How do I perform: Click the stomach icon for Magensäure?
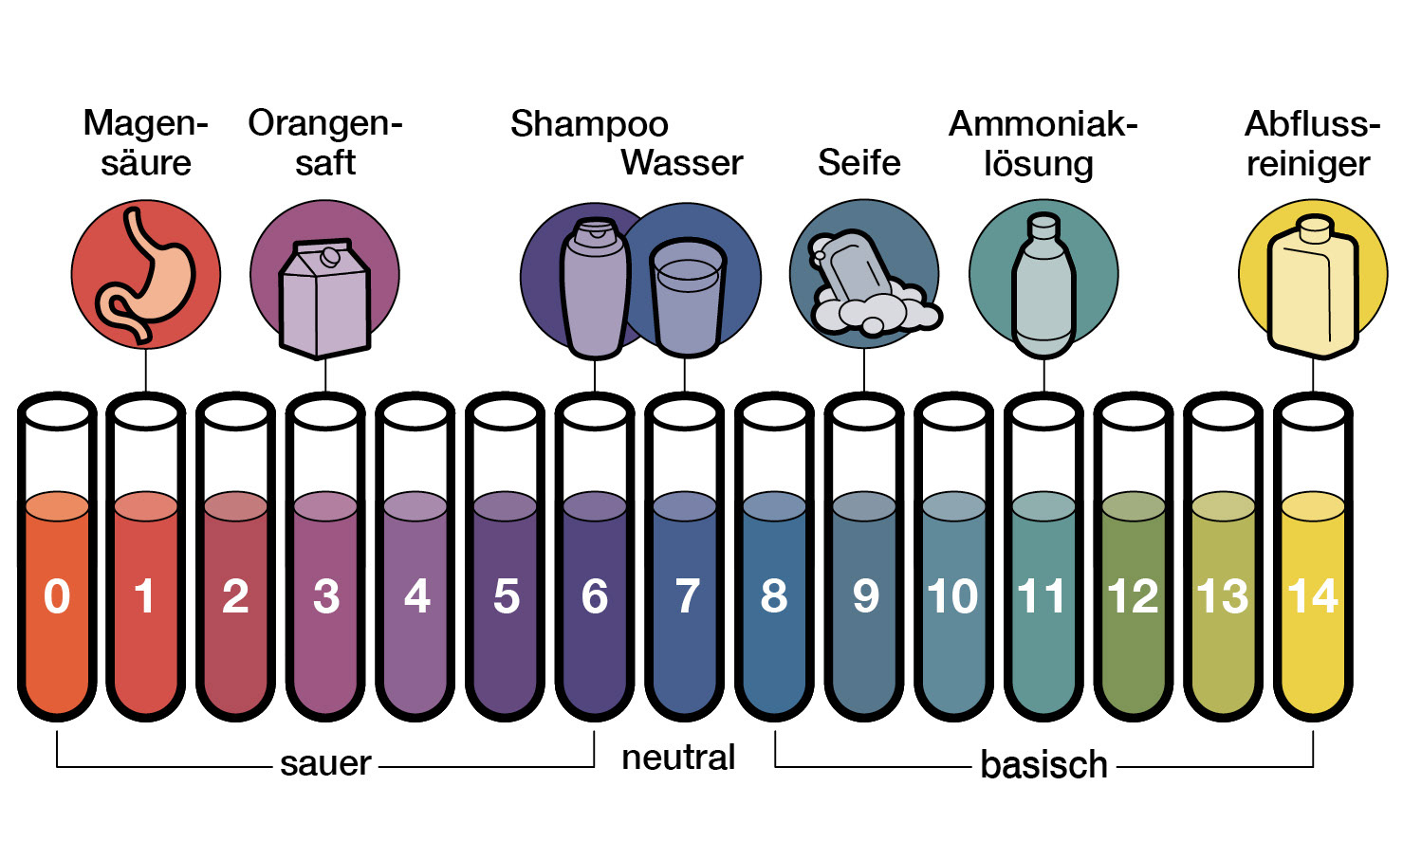coord(145,275)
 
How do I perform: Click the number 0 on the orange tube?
coord(57,596)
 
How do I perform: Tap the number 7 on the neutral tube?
coord(687,596)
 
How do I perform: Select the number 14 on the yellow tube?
coord(1313,596)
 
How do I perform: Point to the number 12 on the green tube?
coord(1133,596)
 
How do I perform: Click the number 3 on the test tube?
coord(325,596)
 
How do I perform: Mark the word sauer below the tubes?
coord(325,763)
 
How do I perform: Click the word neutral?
coord(678,758)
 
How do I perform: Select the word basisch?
coord(1043,764)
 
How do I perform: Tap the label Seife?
coord(858,162)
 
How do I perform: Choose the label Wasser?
coord(682,162)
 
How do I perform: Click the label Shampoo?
coord(589,124)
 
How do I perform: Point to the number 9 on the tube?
coord(865,596)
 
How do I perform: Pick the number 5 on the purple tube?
coord(507,596)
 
